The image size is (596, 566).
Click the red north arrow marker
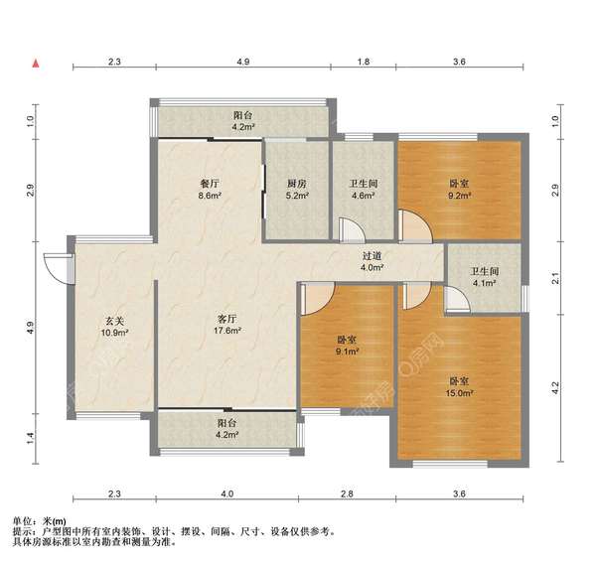36,64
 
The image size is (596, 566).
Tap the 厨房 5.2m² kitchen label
297,190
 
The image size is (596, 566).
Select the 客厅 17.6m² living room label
226,324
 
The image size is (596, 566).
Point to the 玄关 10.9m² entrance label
114,327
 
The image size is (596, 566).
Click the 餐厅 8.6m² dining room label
210,190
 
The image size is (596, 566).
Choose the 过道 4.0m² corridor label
372,262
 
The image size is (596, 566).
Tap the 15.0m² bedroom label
459,387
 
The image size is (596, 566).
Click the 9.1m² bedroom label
347,346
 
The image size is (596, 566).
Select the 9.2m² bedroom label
459,190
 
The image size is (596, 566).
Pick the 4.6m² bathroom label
364,190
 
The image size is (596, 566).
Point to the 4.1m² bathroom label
485,277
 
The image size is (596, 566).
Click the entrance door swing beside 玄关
59,268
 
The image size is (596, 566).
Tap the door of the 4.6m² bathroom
352,229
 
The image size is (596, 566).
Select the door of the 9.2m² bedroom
415,226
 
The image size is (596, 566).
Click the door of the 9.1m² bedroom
318,299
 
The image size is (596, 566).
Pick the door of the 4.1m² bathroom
457,299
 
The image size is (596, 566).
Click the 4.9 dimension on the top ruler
243,62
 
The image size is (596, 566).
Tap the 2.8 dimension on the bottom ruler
347,494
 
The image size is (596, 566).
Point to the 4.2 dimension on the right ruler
555,388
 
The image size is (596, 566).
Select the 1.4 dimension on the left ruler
31,438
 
